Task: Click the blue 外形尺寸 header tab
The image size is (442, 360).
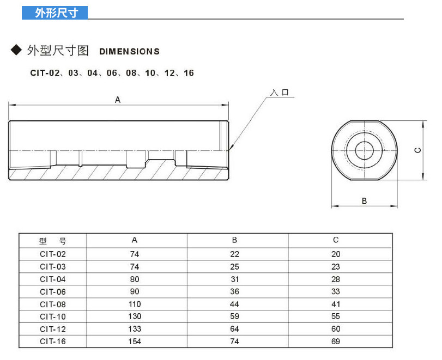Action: (x=55, y=13)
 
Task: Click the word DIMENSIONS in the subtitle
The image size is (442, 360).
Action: (x=129, y=52)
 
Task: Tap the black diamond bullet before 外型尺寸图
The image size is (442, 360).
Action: (x=16, y=50)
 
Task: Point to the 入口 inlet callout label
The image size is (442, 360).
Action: (x=280, y=93)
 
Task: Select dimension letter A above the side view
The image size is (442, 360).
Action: (x=118, y=100)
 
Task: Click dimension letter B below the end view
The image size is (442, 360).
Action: (x=364, y=201)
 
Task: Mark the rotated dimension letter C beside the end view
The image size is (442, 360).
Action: (x=418, y=150)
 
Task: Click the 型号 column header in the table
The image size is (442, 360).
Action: (x=52, y=241)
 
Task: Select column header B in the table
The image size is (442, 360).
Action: (x=234, y=240)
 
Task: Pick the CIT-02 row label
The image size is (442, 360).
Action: (x=53, y=254)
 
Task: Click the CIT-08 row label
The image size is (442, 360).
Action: (x=53, y=304)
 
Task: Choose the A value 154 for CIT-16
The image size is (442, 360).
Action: (x=135, y=341)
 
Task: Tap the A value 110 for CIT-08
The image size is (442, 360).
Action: (x=135, y=304)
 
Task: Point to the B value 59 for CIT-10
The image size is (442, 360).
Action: (x=234, y=316)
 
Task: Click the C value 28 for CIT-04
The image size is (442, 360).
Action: (x=335, y=279)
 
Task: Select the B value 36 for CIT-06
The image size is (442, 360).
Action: (x=234, y=291)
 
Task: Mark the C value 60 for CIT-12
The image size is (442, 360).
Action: (x=335, y=329)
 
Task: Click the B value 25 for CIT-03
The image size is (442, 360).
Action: (x=234, y=266)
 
